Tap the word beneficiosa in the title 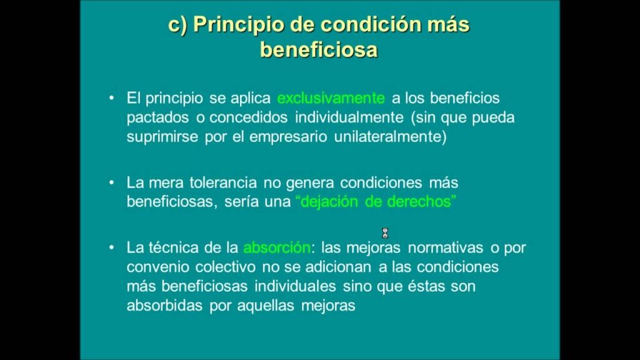coord(319,50)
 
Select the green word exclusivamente coord(331,98)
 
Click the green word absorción coord(277,247)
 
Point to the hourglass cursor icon coord(385,233)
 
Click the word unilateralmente coord(390,136)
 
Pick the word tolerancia coord(223,182)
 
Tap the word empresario coord(288,137)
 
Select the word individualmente coord(349,117)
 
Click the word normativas coord(445,247)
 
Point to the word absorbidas coord(164,305)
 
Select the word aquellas coord(265,305)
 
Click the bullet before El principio coord(111,98)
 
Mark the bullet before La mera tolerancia coord(111,182)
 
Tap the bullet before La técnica coord(111,247)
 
